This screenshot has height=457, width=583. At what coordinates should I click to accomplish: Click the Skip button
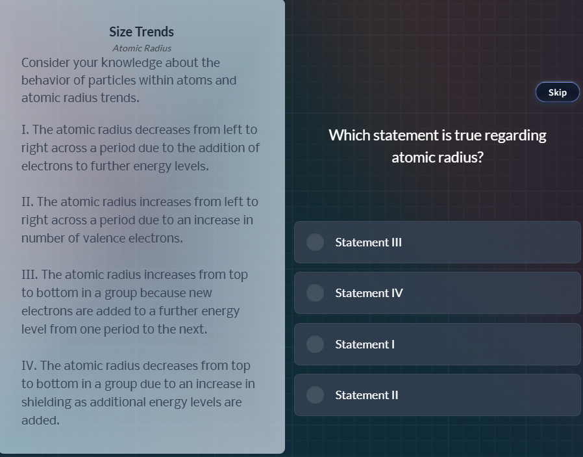[557, 92]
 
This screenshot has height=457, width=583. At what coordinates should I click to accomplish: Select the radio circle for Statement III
[315, 242]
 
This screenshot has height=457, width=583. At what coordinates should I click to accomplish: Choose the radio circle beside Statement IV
[315, 293]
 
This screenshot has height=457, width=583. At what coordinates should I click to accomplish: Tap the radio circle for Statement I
[315, 344]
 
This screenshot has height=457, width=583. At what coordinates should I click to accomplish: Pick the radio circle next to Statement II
[315, 395]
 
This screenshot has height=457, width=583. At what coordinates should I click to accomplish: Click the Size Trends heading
[142, 32]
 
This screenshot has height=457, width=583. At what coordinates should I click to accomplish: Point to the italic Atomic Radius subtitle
[142, 48]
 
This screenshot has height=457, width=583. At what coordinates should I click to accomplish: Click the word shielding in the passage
[46, 402]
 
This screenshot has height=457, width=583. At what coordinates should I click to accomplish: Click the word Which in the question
[349, 135]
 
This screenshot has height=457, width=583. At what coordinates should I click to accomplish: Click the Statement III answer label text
[368, 242]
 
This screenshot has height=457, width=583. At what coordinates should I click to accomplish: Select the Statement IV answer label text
[369, 293]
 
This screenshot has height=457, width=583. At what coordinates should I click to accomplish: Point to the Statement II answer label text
[367, 395]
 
